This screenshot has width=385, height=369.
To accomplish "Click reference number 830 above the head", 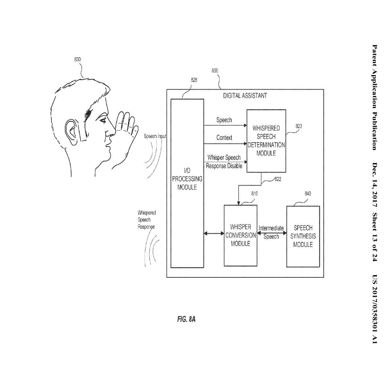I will click(77, 59).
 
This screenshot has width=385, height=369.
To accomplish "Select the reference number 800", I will click(215, 71).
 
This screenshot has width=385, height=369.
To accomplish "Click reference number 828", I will click(194, 80).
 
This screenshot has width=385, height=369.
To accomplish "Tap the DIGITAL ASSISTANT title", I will click(245, 96).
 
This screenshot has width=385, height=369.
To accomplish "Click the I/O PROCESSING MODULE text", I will click(187, 179).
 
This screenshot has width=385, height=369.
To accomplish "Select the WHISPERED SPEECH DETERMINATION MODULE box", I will click(266, 140).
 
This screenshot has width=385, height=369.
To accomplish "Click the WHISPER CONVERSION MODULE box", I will click(241, 235).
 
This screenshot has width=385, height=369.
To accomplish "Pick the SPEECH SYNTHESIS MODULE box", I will click(303, 236).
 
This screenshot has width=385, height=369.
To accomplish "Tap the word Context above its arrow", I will click(224, 138).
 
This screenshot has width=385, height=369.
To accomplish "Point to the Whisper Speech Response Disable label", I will click(224, 162).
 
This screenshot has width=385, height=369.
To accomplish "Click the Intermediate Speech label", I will click(271, 232).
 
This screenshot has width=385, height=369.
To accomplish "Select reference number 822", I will click(278, 179).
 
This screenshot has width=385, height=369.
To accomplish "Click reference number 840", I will click(308, 194).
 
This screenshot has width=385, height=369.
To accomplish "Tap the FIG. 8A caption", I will click(186, 319).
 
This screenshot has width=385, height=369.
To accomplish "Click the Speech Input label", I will click(155, 136).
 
